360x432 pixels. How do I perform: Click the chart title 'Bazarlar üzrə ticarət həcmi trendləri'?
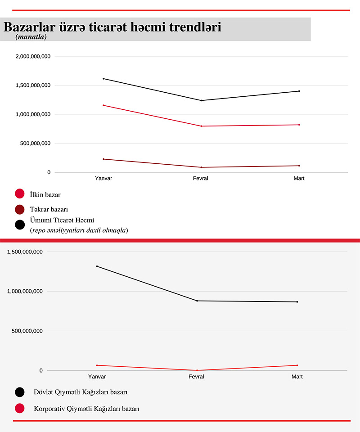[x=112, y=27]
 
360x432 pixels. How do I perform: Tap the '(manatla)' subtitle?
[x=31, y=37]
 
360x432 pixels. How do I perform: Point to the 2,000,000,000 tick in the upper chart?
[x=33, y=56]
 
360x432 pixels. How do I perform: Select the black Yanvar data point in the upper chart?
[x=103, y=79]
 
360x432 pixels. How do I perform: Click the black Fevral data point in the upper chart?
[x=201, y=100]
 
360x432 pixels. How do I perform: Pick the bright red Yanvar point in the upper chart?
[x=103, y=105]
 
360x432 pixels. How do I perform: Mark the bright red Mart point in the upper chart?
[x=299, y=125]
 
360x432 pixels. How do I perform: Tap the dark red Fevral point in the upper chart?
[x=201, y=167]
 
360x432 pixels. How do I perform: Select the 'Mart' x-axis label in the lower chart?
[x=297, y=377]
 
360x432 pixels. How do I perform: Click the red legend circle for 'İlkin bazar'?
[x=20, y=194]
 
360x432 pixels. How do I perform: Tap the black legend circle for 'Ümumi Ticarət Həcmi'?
[x=20, y=225]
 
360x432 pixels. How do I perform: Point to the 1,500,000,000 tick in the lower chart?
[x=25, y=252]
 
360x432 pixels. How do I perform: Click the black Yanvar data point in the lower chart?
[x=97, y=266]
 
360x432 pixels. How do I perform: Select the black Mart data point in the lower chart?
[x=297, y=302]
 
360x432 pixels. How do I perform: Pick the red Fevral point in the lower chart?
[x=197, y=370]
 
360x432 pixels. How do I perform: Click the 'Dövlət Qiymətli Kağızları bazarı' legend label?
[x=81, y=392]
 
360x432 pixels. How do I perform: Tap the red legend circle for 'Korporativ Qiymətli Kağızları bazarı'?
[x=20, y=409]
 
